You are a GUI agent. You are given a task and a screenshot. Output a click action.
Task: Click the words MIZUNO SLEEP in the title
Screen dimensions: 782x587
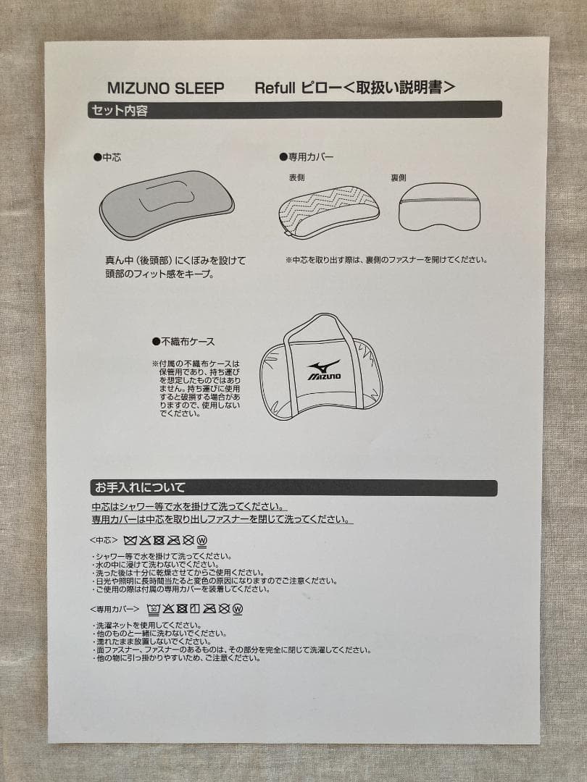165,88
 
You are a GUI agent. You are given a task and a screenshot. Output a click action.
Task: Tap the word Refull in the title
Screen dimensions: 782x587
275,88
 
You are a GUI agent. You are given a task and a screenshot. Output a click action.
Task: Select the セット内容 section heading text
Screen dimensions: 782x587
120,111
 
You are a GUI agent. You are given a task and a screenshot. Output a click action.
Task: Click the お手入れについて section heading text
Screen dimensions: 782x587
139,487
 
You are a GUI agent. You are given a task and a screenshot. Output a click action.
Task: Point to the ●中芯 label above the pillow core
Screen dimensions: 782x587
107,156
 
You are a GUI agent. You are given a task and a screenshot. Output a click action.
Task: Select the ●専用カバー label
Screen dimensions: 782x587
307,156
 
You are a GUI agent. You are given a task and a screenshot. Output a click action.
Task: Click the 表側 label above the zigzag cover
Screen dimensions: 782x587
297,177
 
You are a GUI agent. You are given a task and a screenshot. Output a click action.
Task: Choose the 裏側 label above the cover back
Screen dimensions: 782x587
399,177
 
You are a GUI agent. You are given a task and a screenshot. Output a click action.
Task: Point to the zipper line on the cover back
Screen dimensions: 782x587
440,200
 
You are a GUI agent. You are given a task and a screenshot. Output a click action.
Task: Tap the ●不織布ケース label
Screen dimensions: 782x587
183,341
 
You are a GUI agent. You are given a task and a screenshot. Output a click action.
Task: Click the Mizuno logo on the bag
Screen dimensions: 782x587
324,370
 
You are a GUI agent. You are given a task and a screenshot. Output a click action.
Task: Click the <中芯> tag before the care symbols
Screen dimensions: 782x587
104,539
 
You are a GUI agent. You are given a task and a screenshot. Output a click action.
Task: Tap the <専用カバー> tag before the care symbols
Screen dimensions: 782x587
115,608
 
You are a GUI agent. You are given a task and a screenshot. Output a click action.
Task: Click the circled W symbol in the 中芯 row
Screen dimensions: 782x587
202,540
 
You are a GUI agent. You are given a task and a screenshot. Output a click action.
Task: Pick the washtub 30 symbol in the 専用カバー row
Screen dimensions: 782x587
154,609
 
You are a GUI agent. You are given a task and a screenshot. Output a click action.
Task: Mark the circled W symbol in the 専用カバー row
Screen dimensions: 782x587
238,609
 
